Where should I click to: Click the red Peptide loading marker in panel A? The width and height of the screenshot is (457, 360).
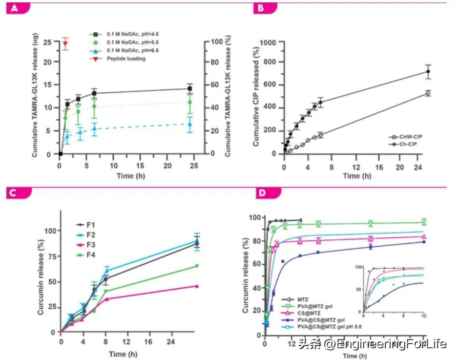[65, 44]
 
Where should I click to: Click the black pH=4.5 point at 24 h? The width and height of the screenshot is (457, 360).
[190, 88]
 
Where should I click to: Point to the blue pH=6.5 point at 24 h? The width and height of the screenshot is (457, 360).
[190, 124]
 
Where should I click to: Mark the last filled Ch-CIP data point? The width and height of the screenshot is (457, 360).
[428, 72]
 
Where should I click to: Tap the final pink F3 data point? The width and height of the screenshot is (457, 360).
[197, 286]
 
